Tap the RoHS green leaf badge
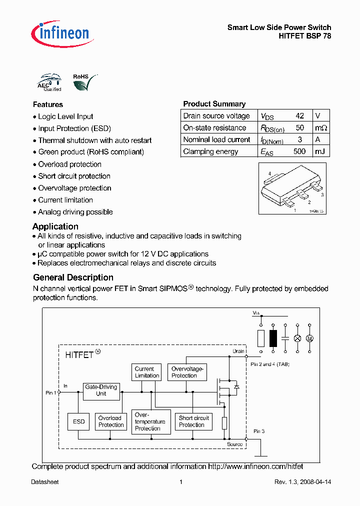[82, 83]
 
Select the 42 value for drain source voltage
[299, 115]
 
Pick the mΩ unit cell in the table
[320, 127]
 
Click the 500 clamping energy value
[299, 151]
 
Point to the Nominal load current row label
[216, 139]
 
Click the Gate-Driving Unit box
[101, 390]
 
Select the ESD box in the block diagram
[79, 421]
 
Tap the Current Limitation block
[147, 372]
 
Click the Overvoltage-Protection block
[187, 372]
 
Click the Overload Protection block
[110, 421]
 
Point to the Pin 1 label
[51, 393]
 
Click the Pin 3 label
[259, 431]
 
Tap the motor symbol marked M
[309, 338]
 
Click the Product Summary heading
[214, 104]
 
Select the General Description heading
[73, 277]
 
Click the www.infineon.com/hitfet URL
[255, 466]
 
